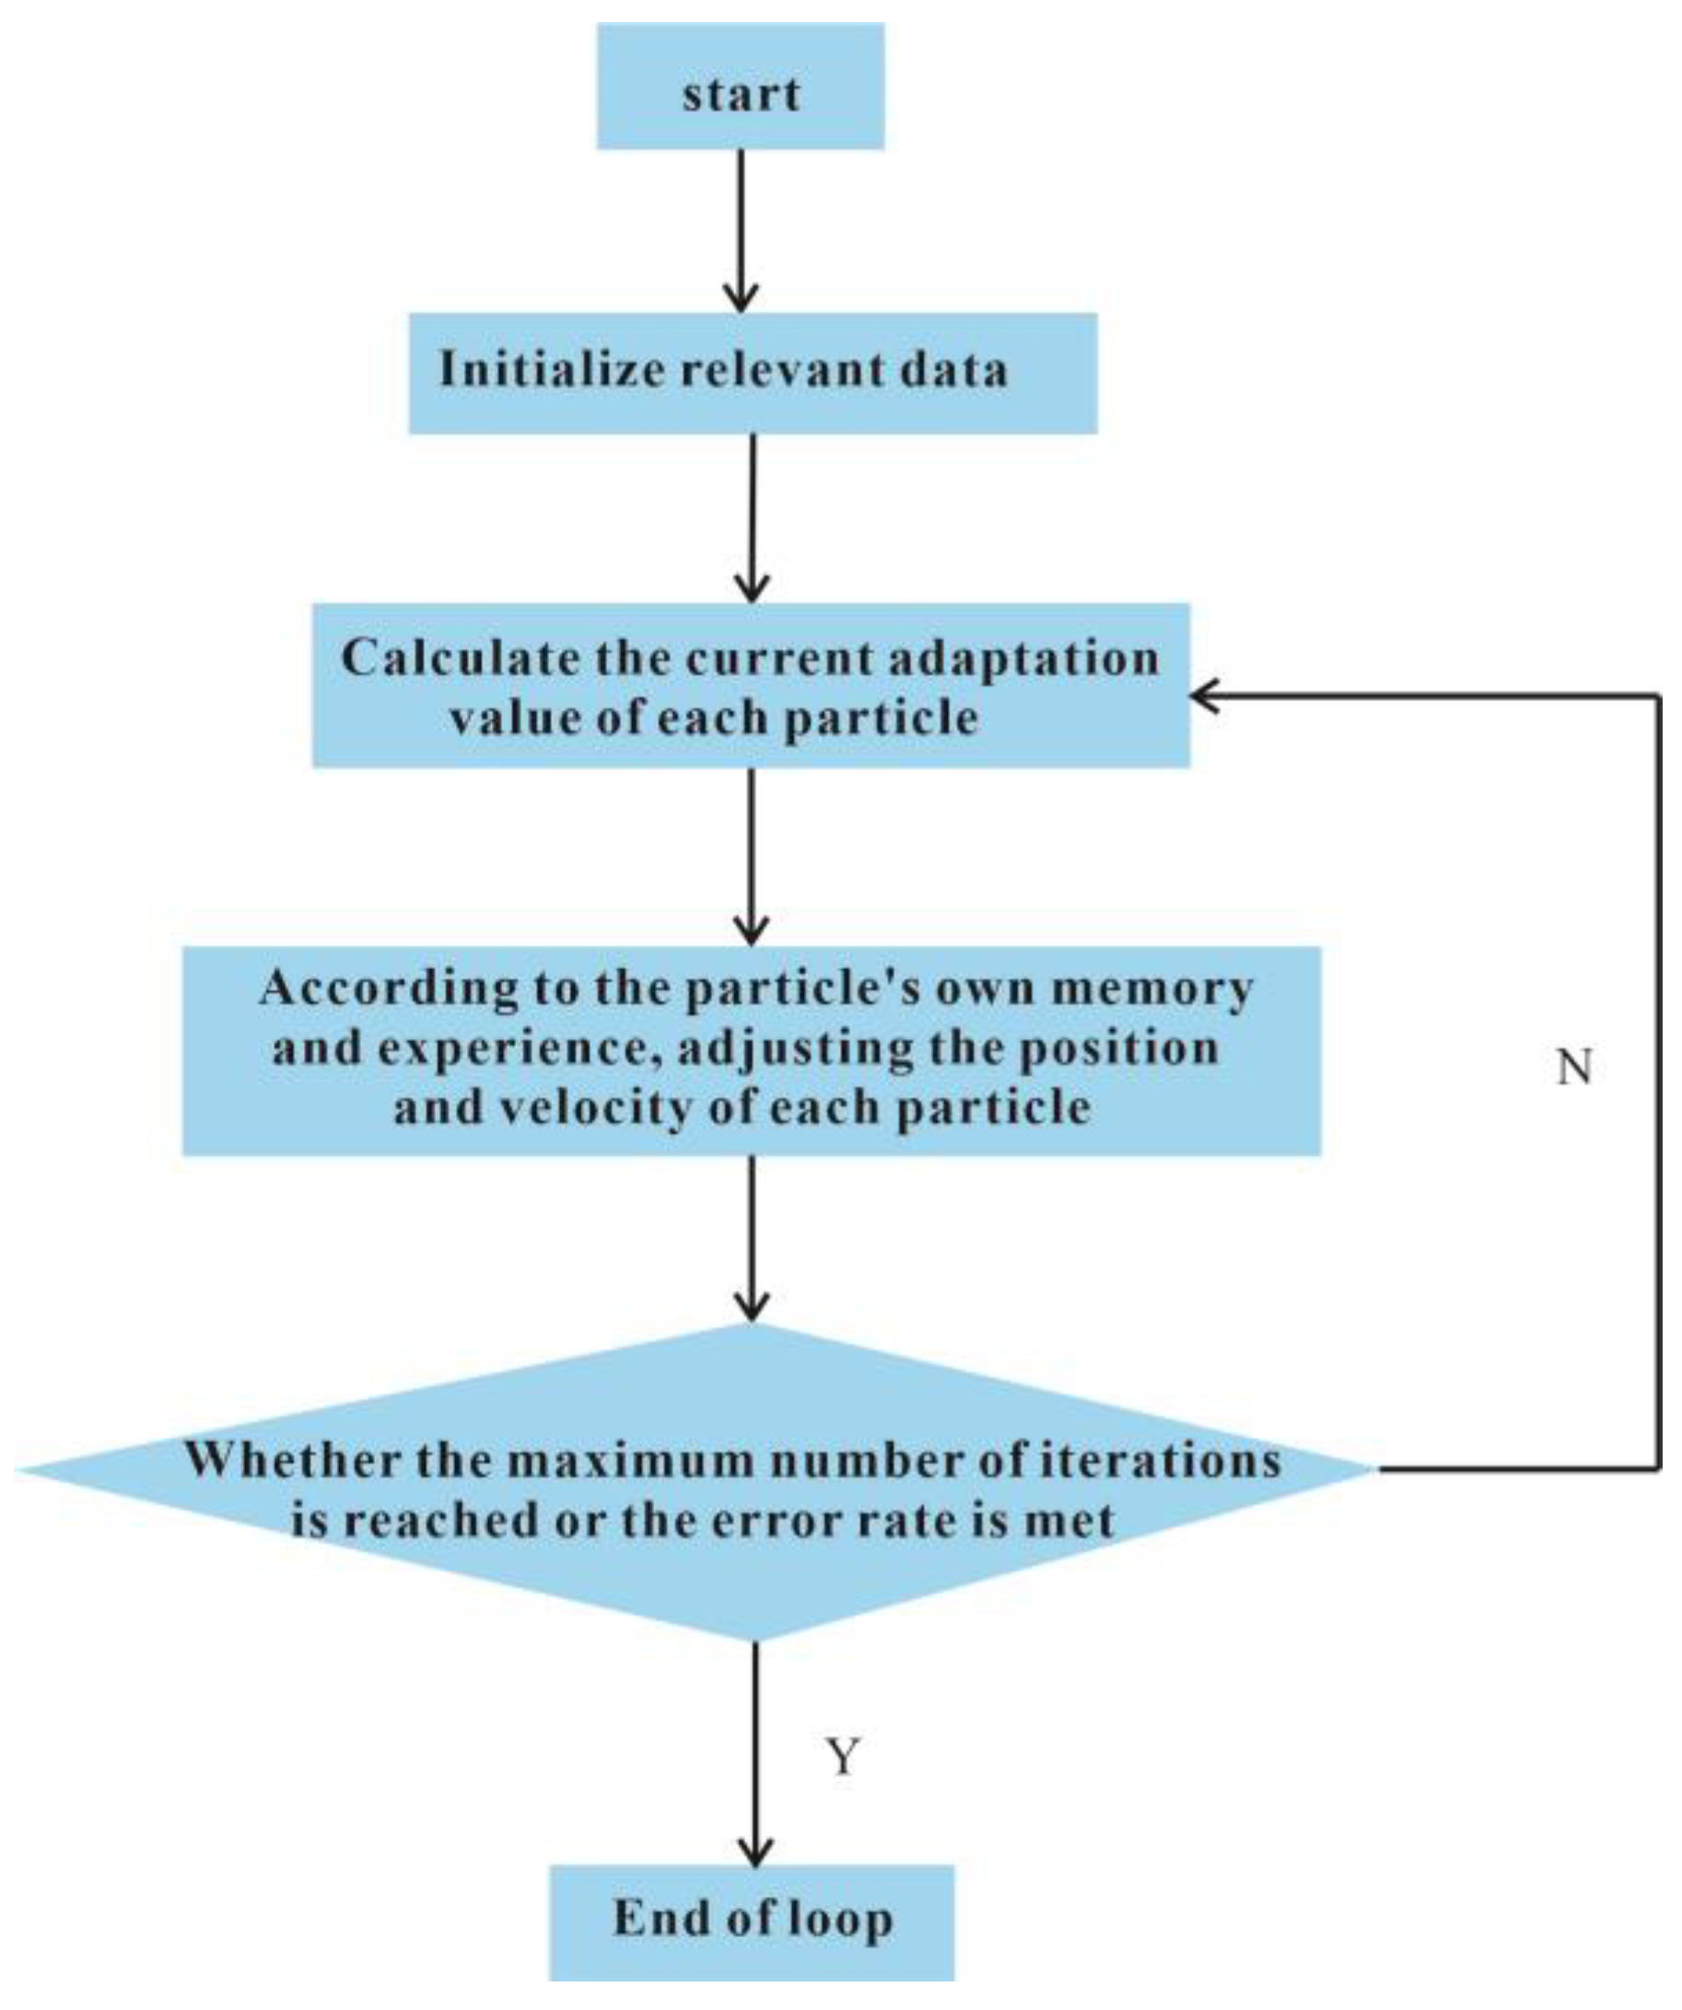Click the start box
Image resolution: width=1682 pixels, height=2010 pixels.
(x=740, y=87)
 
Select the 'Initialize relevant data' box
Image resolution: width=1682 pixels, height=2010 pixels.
(x=753, y=372)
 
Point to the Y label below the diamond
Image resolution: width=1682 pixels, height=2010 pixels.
(x=843, y=1758)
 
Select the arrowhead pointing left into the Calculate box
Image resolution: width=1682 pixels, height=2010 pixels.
(x=1204, y=696)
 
